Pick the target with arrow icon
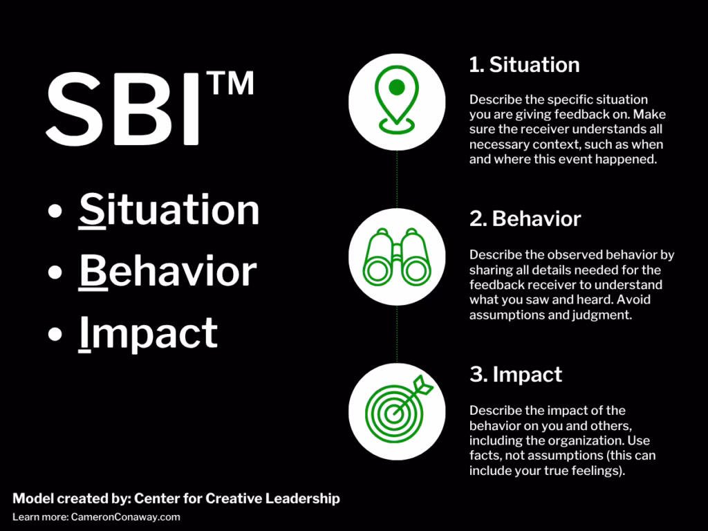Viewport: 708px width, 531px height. (396, 411)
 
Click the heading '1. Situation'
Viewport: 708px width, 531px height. (524, 65)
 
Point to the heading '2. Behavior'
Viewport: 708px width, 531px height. (525, 219)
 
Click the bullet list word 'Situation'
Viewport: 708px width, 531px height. (169, 209)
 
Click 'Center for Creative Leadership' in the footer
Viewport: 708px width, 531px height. (236, 499)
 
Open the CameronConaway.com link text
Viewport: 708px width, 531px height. (125, 516)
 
